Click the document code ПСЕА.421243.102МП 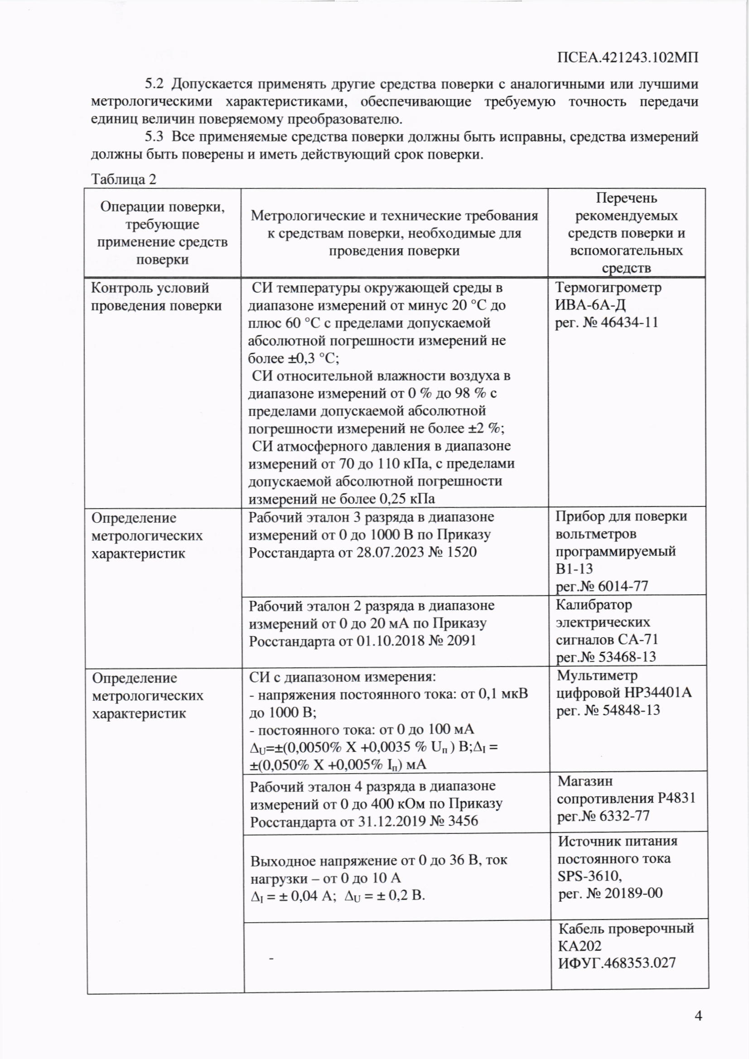627,58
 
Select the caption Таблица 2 124,179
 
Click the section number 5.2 154,84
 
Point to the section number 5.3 154,136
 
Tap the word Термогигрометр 608,287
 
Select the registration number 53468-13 627,656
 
